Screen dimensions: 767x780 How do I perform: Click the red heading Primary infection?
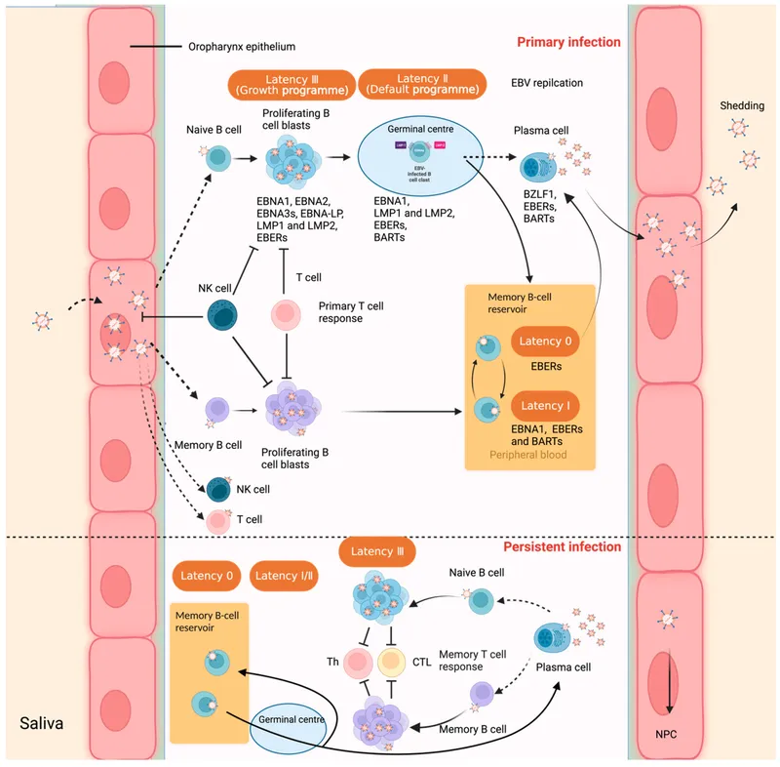pyautogui.click(x=568, y=43)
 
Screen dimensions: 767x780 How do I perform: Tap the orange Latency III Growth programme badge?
pyautogui.click(x=290, y=84)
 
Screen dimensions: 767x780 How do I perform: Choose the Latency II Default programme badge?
pyautogui.click(x=422, y=84)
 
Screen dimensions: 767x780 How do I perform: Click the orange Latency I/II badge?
pyautogui.click(x=286, y=577)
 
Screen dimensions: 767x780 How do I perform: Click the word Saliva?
pyautogui.click(x=43, y=725)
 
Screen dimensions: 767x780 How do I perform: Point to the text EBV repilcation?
pyautogui.click(x=547, y=84)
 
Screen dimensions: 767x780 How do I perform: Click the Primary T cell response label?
pyautogui.click(x=351, y=312)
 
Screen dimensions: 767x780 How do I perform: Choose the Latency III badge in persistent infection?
pyautogui.click(x=376, y=553)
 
